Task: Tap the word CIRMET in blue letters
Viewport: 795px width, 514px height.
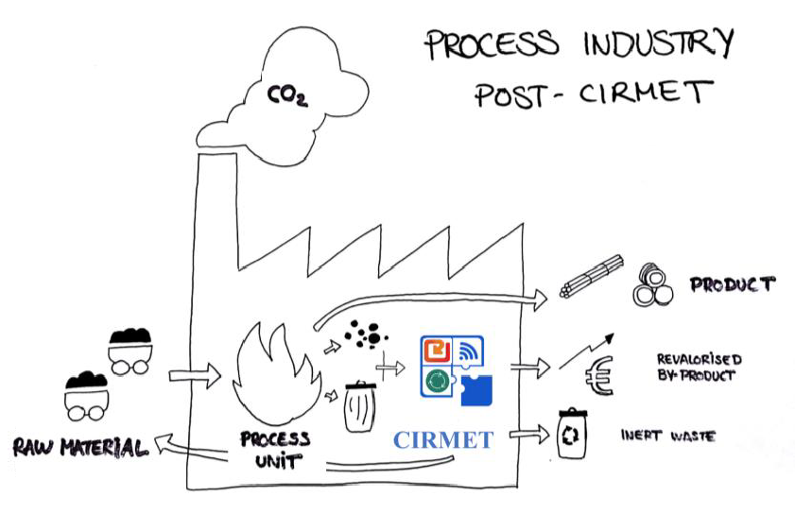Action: pyautogui.click(x=443, y=440)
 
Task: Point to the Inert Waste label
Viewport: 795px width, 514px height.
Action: pyautogui.click(x=667, y=437)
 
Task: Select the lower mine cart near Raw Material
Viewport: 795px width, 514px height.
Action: pyautogui.click(x=88, y=398)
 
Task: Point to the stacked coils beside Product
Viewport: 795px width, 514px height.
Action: pyautogui.click(x=653, y=285)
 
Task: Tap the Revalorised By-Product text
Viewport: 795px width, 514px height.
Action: pyautogui.click(x=699, y=368)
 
